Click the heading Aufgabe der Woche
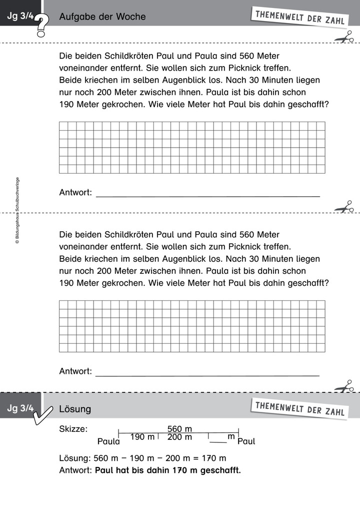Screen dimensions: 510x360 102,17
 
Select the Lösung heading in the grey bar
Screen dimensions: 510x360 75,409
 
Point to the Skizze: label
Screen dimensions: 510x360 73,429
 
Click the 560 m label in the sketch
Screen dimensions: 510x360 179,429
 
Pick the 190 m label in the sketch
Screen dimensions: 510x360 142,437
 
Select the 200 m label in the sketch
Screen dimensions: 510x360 179,437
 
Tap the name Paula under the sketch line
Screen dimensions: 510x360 108,441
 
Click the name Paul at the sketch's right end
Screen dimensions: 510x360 246,441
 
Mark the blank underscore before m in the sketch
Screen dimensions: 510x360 217,441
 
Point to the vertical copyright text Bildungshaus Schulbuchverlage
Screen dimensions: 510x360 17,210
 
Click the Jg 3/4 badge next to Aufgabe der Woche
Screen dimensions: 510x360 20,17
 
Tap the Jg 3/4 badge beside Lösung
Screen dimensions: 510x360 20,409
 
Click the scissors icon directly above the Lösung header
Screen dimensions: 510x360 344,386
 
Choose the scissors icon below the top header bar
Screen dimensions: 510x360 344,37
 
